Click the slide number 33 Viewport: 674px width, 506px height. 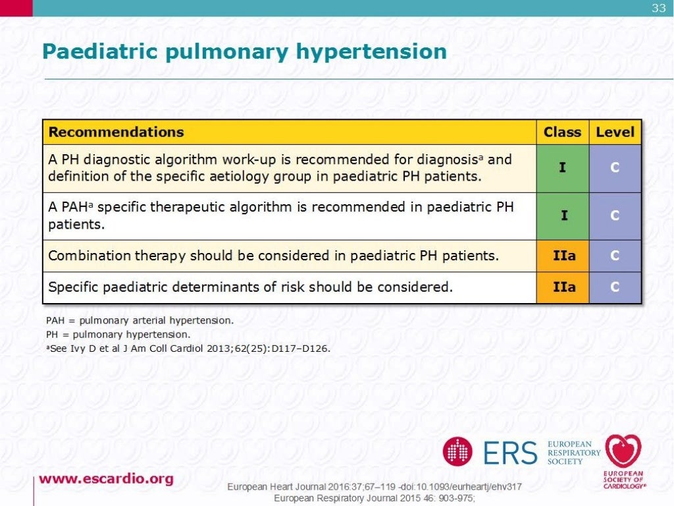pyautogui.click(x=658, y=8)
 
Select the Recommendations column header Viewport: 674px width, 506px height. pyautogui.click(x=116, y=132)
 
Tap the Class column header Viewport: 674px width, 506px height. pyautogui.click(x=562, y=132)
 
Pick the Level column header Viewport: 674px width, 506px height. pyautogui.click(x=615, y=132)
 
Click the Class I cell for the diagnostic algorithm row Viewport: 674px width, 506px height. pyautogui.click(x=562, y=168)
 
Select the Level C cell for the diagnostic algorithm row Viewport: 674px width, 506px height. pyautogui.click(x=615, y=168)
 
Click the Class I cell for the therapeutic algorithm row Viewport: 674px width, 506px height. pyautogui.click(x=562, y=215)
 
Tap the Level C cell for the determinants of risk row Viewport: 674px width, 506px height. pyautogui.click(x=615, y=287)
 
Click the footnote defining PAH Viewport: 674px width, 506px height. pyautogui.click(x=140, y=321)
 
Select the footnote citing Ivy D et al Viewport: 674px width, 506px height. pyautogui.click(x=188, y=347)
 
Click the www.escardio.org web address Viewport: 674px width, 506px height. pyautogui.click(x=106, y=479)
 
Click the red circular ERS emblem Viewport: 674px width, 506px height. pyautogui.click(x=457, y=452)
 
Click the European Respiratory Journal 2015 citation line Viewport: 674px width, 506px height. pyautogui.click(x=374, y=498)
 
